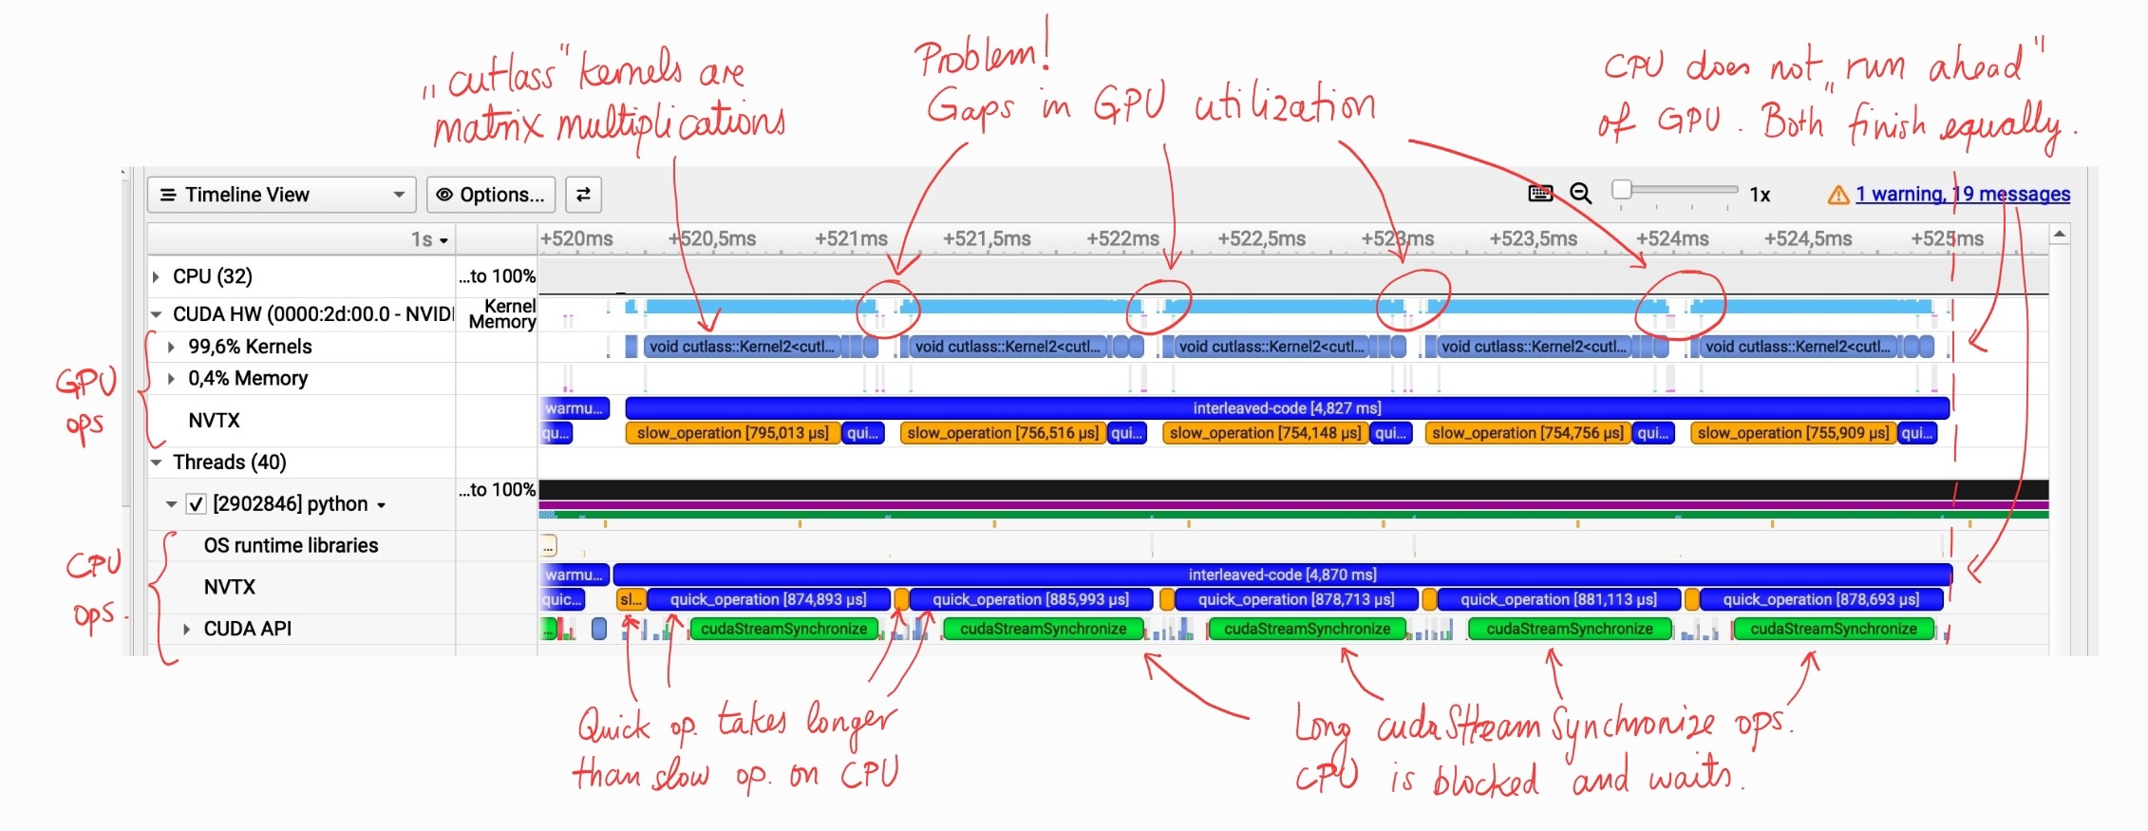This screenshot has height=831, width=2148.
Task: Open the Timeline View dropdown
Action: click(x=281, y=195)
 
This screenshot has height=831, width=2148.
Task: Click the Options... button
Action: click(x=491, y=195)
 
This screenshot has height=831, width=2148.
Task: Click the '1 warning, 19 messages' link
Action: click(x=1962, y=195)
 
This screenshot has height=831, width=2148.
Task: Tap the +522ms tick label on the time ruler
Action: click(x=1122, y=239)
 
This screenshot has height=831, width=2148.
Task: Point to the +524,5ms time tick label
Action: click(x=1807, y=239)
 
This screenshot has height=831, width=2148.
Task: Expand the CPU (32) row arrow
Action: click(x=157, y=276)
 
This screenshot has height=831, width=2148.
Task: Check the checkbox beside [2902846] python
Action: click(x=196, y=504)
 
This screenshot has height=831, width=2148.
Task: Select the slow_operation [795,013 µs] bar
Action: click(x=732, y=433)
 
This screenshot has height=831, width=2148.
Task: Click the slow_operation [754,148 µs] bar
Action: click(x=1265, y=433)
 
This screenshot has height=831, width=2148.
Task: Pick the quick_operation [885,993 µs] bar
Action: click(x=1030, y=599)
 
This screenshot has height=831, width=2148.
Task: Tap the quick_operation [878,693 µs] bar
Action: click(x=1820, y=599)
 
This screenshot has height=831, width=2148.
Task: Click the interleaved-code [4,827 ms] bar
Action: click(x=1287, y=408)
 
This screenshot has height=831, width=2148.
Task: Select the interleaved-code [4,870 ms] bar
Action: click(x=1282, y=575)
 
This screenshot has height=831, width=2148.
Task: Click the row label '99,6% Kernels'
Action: click(x=250, y=347)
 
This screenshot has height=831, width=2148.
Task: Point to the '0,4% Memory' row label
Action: click(x=248, y=378)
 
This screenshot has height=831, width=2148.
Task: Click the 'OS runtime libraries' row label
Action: click(x=291, y=545)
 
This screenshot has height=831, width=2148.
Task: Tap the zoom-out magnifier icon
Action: click(x=1580, y=194)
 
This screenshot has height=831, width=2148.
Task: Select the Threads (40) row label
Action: click(x=229, y=463)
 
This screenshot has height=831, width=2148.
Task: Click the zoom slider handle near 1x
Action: click(x=1622, y=189)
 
